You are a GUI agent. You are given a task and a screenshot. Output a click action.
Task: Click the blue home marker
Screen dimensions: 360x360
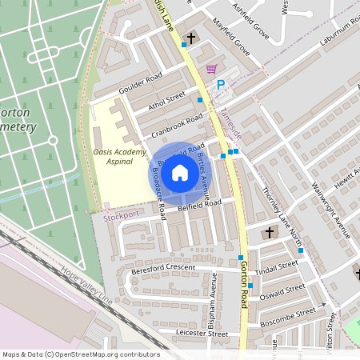(180, 172)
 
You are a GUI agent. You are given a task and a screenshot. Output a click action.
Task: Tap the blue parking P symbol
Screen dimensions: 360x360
(221, 83)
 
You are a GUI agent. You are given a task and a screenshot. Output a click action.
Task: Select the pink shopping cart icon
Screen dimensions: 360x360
(211, 69)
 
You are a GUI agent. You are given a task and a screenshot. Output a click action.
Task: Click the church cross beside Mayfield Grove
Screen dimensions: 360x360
(190, 38)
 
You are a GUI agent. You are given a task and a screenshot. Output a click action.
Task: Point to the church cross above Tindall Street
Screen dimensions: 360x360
(269, 233)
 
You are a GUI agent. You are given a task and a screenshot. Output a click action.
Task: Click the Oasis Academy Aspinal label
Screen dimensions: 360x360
(119, 157)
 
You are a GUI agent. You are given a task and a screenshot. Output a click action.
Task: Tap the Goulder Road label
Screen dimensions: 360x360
(140, 83)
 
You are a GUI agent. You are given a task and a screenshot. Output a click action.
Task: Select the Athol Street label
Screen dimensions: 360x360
(166, 102)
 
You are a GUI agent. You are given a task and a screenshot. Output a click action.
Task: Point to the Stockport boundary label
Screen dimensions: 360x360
(121, 215)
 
